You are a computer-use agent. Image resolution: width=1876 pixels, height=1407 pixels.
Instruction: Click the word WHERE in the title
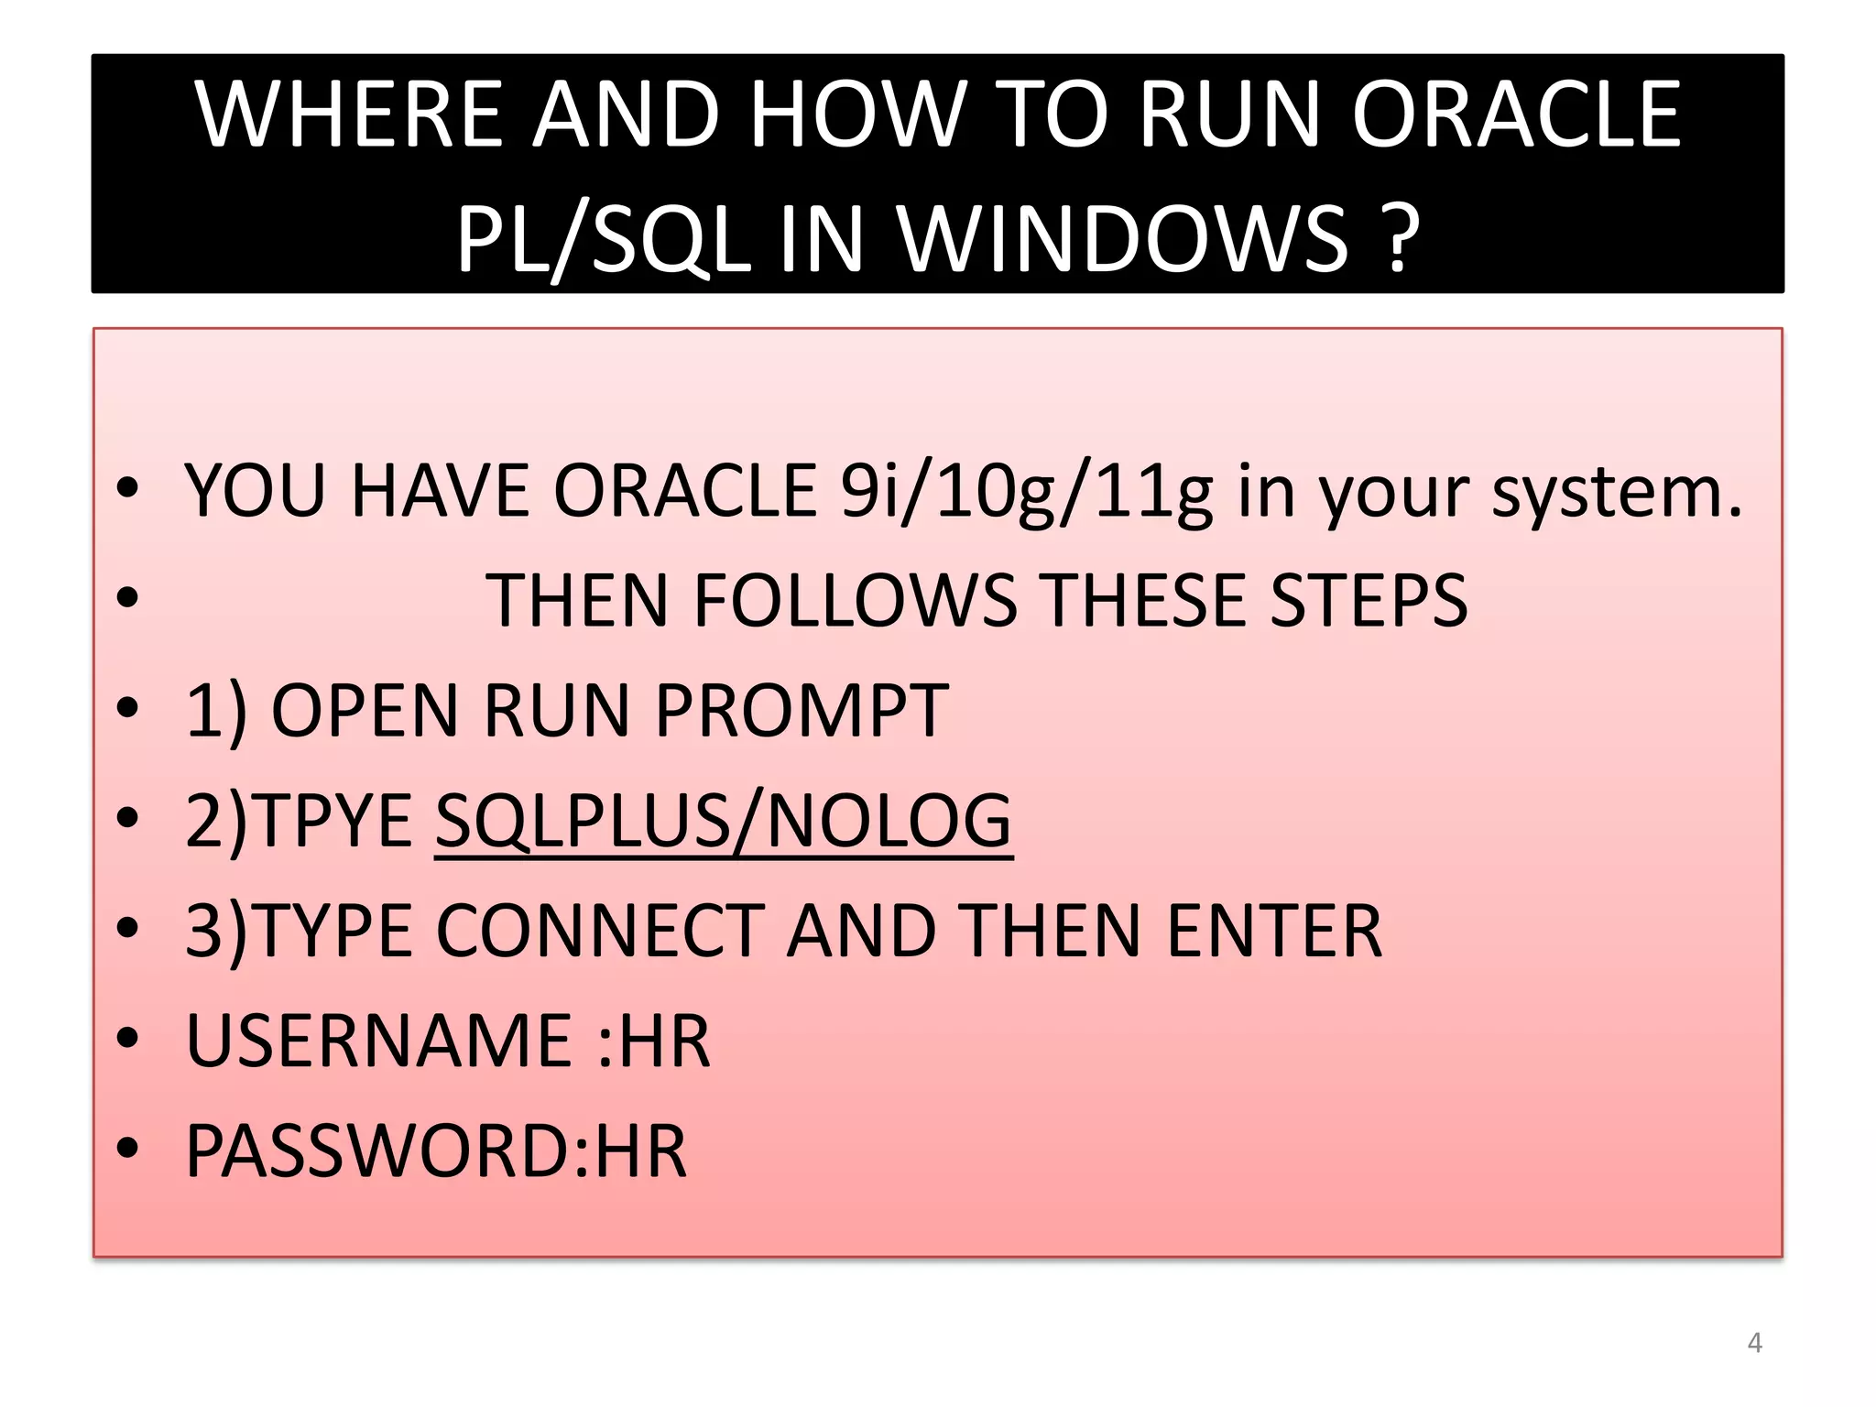[349, 115]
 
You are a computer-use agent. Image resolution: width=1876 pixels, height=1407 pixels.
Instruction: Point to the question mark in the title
[1398, 240]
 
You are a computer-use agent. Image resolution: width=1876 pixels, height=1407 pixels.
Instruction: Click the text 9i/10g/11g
[1027, 492]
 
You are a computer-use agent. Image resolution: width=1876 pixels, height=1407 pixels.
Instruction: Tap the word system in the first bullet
[1616, 492]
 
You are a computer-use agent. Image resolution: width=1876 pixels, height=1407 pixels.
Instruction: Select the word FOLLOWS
[856, 601]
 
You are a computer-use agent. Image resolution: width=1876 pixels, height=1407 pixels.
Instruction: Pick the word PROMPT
[802, 711]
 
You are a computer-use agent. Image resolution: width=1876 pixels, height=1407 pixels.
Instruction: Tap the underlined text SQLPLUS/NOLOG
[724, 821]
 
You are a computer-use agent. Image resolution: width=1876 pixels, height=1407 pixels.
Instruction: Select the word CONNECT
[601, 931]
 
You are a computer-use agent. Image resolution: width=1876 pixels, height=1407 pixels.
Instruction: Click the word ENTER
[1274, 931]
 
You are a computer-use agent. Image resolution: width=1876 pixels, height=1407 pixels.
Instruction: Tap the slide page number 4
[1754, 1343]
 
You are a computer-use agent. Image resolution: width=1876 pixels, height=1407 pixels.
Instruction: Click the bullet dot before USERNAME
[127, 1039]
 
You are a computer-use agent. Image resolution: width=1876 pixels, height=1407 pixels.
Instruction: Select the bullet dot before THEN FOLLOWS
[127, 598]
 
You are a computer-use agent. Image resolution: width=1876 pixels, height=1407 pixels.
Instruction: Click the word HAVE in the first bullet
[439, 492]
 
